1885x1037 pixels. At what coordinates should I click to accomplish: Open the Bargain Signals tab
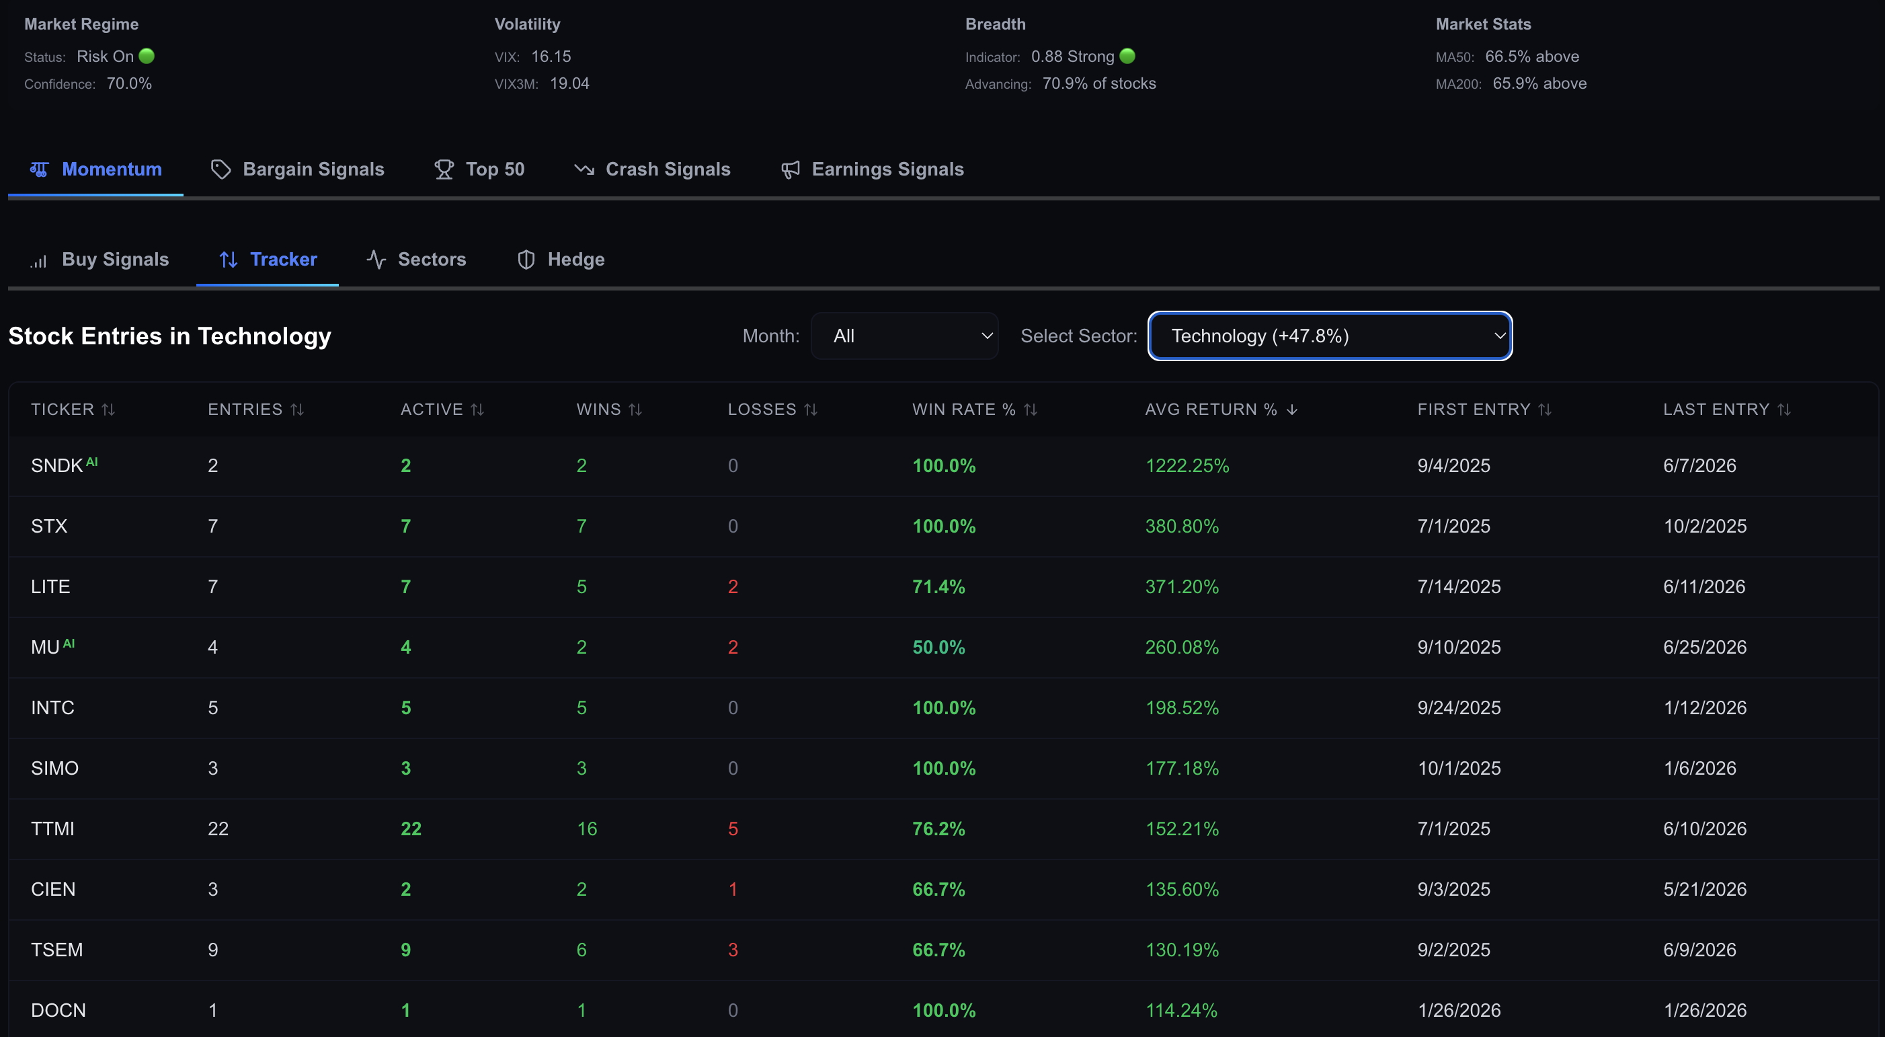[x=298, y=169]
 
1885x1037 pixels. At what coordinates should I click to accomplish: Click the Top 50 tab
[x=479, y=169]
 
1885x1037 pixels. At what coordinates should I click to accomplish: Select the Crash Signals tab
[x=652, y=169]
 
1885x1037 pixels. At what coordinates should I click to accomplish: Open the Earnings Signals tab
[x=873, y=169]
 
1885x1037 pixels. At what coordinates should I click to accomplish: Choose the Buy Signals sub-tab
[x=99, y=259]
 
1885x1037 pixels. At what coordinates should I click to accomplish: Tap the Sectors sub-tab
[x=415, y=259]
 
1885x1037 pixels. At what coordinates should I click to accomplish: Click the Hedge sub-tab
[x=561, y=259]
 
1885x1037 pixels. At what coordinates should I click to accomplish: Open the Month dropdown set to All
[x=904, y=336]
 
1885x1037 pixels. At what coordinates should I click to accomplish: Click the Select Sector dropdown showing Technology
[x=1330, y=336]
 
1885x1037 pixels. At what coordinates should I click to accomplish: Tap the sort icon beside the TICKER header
[x=108, y=410]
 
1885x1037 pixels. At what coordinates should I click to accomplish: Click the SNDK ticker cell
[x=57, y=465]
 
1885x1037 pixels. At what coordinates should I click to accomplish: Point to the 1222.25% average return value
[x=1187, y=465]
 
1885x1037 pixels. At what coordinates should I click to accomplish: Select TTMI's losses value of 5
[x=733, y=829]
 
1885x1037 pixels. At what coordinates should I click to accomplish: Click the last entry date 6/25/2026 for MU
[x=1704, y=647]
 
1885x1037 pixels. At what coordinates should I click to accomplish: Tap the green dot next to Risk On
[x=147, y=56]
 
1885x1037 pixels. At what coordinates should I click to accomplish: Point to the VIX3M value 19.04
[x=569, y=83]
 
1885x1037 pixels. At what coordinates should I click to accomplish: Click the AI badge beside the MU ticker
[x=69, y=644]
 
